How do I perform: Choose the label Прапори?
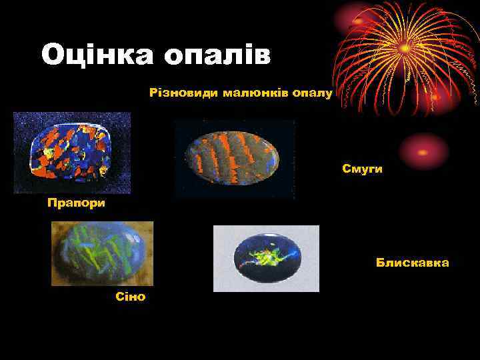tap(76, 202)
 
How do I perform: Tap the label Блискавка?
tap(412, 263)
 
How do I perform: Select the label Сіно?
tap(130, 296)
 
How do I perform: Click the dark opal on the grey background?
tap(266, 258)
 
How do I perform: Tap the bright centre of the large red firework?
tap(405, 48)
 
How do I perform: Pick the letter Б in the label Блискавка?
tap(380, 263)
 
